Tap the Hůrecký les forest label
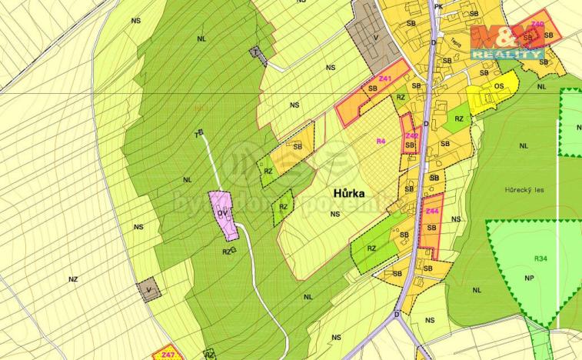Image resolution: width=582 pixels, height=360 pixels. click(525, 189)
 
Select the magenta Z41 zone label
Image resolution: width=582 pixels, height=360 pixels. click(385, 79)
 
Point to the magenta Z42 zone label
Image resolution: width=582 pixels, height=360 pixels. click(411, 135)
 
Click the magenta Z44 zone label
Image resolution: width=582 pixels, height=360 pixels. click(431, 211)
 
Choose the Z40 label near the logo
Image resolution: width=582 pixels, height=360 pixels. click(537, 25)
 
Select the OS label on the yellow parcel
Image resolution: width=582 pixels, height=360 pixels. click(499, 86)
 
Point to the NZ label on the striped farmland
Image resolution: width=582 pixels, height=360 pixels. click(73, 279)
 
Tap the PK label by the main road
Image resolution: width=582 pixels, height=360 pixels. click(439, 7)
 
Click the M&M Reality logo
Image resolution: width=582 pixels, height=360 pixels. click(507, 42)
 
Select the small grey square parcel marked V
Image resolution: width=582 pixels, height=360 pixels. click(150, 289)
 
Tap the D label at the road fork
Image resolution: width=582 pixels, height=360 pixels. click(397, 315)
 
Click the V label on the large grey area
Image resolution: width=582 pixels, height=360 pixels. click(374, 36)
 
